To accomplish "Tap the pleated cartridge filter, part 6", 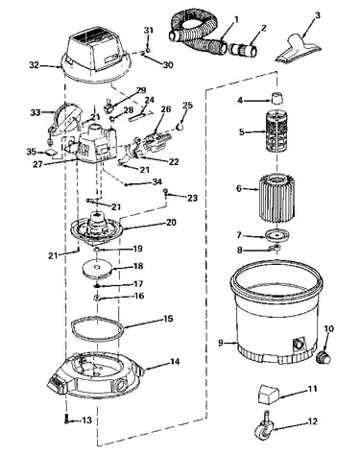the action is click(276, 199).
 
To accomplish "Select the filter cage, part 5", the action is click(276, 132).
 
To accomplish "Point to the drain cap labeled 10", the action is click(324, 356).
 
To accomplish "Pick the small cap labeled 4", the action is click(277, 98).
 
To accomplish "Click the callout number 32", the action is click(34, 65).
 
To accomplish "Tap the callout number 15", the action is click(168, 319).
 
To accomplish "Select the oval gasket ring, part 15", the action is click(97, 328).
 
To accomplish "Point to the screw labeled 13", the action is click(66, 419).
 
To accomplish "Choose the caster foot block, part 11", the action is click(268, 394).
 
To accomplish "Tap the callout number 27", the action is click(37, 163).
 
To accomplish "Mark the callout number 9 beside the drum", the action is click(221, 343).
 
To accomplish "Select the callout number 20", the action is click(171, 222).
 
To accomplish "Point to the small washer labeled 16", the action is click(97, 299).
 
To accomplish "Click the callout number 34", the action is click(157, 182).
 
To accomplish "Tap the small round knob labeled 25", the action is click(180, 127).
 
